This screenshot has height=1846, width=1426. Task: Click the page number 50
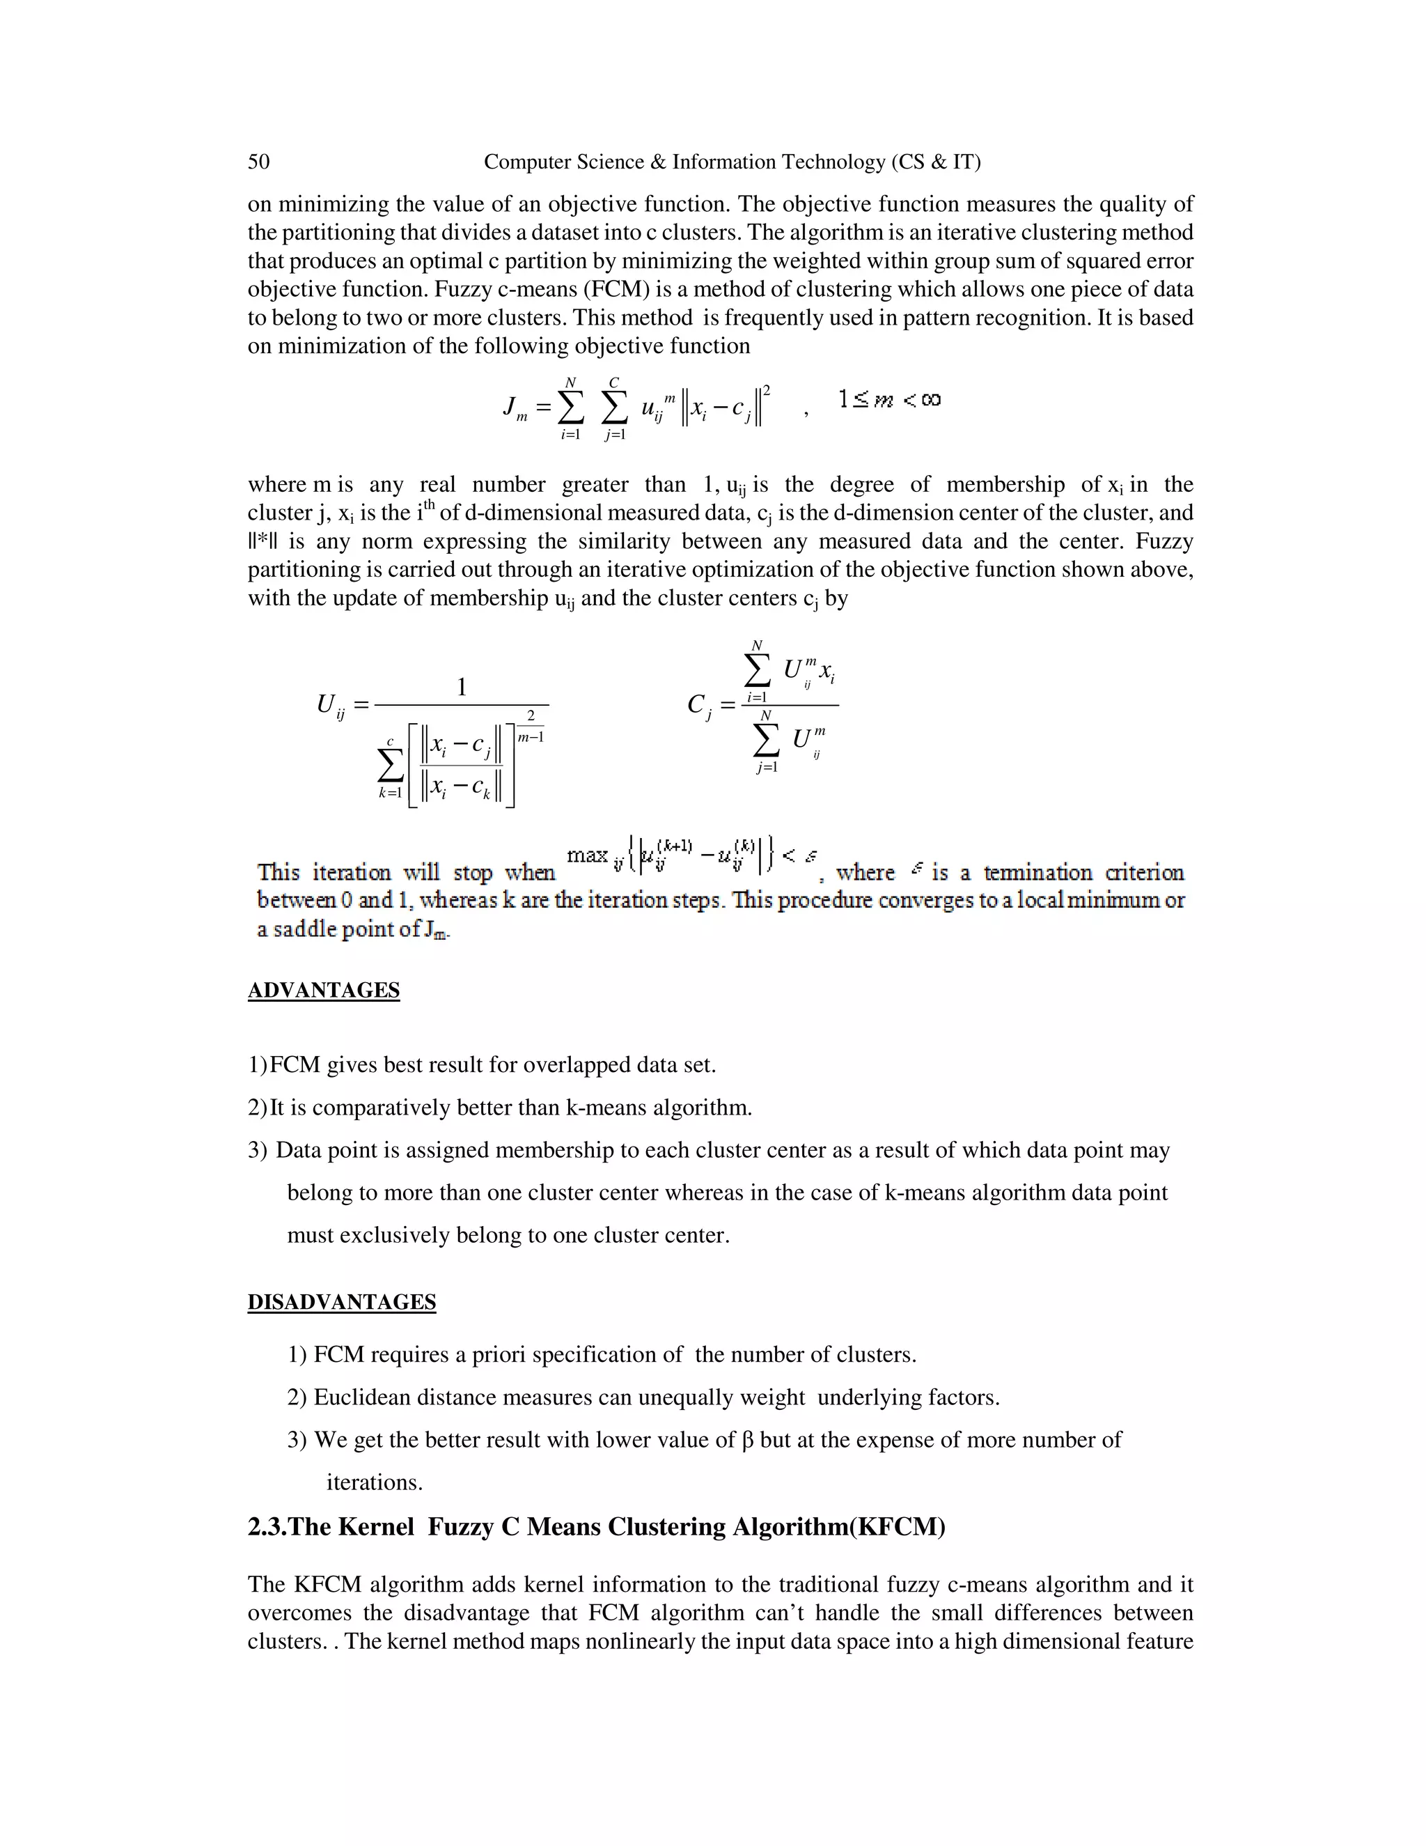(x=258, y=162)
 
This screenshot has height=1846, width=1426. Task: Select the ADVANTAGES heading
(x=324, y=991)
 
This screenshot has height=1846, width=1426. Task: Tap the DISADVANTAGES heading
(x=341, y=1302)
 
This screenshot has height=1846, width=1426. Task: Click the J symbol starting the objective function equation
(x=510, y=407)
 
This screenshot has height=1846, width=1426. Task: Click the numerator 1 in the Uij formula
(x=461, y=687)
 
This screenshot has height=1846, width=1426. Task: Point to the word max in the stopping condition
(x=587, y=855)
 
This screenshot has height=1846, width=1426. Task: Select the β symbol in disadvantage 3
(x=747, y=1441)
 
